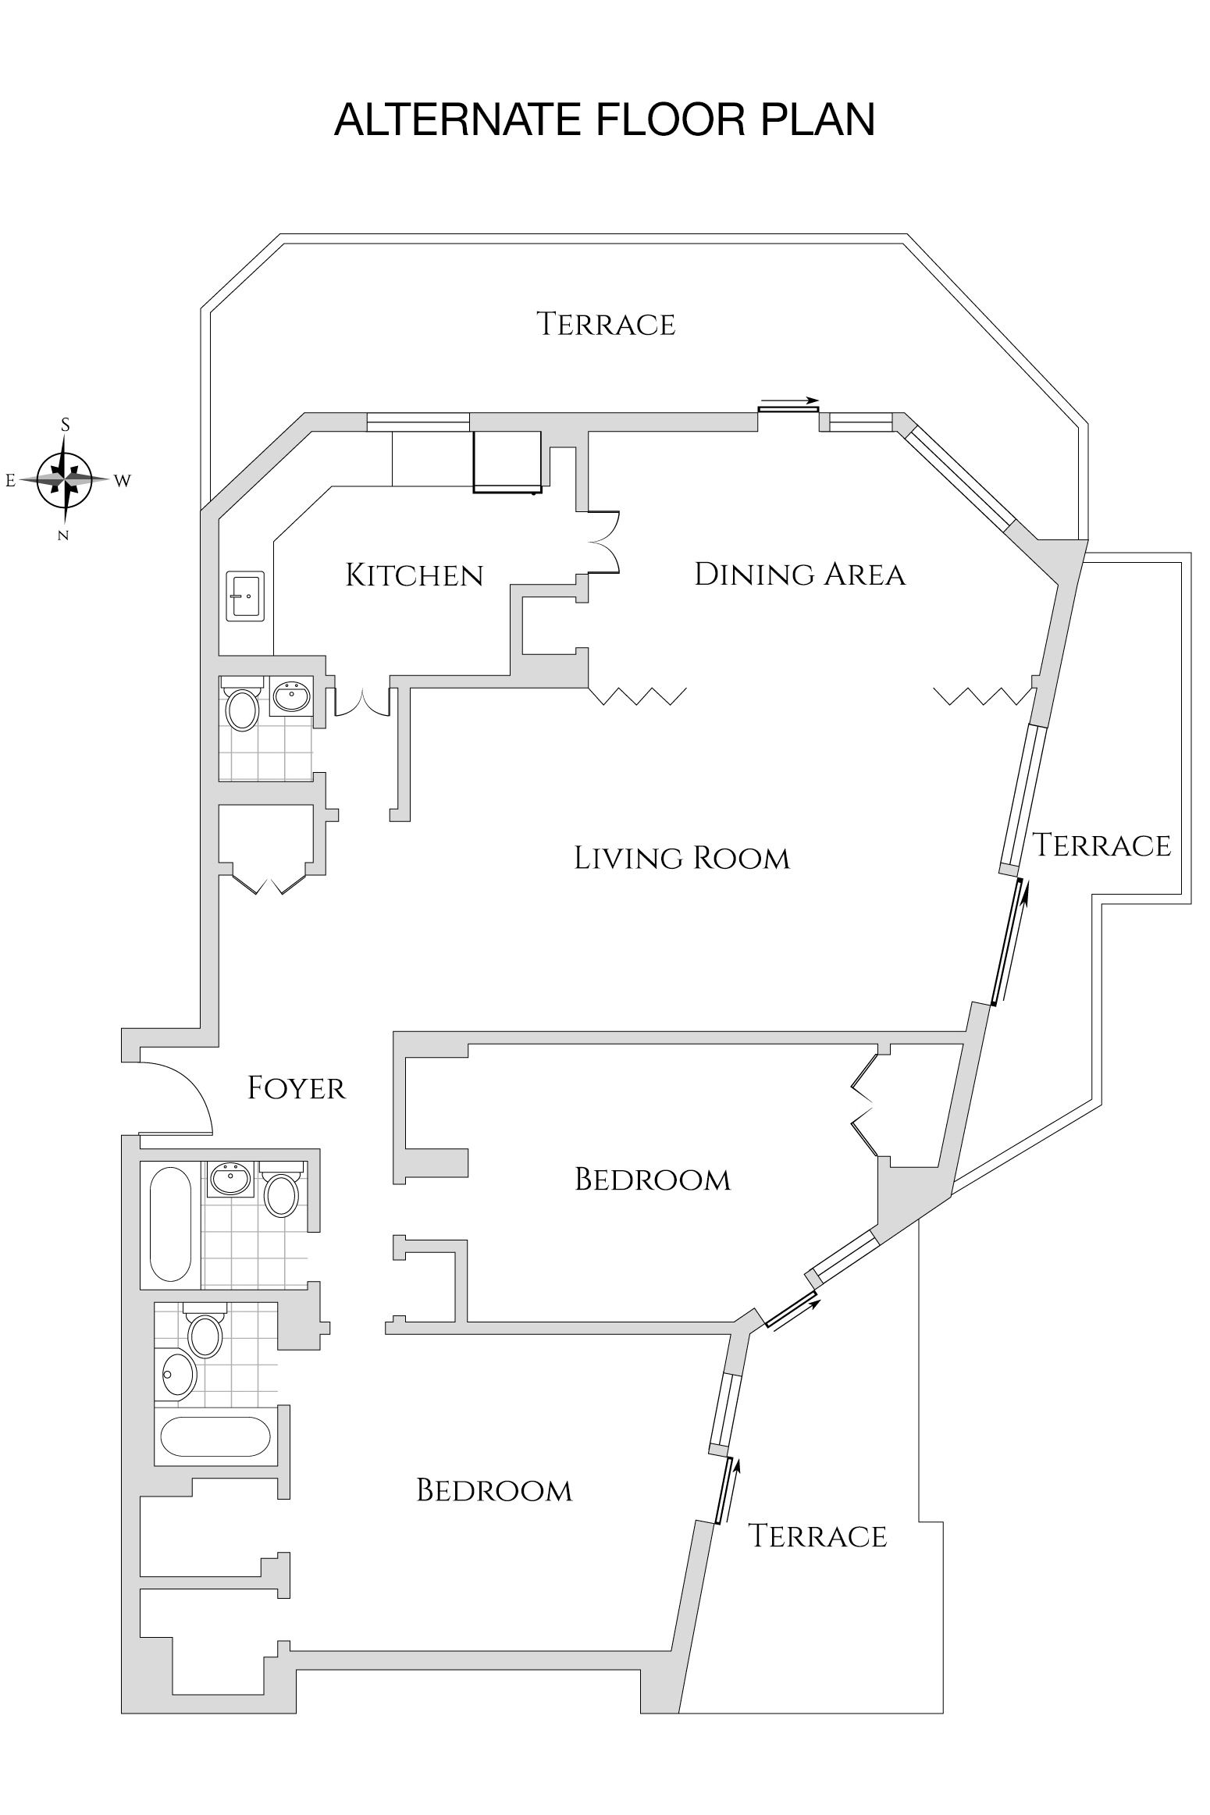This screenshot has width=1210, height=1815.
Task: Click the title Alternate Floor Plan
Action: coord(604,120)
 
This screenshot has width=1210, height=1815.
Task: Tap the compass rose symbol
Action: coord(66,479)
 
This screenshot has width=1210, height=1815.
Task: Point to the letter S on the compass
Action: coord(66,425)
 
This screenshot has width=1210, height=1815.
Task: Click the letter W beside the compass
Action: coord(123,481)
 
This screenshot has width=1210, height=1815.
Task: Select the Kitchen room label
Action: coord(415,576)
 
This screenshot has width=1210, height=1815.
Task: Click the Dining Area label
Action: coord(799,575)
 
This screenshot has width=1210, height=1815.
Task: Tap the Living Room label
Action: coord(682,859)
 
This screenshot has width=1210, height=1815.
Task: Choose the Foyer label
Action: coord(297,1088)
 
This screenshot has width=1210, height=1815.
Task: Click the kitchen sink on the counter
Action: coord(245,596)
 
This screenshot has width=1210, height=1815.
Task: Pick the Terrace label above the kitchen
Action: coord(606,324)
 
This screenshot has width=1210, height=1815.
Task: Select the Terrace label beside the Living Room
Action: coord(1101,845)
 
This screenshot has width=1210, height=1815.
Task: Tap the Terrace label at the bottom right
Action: coord(817,1536)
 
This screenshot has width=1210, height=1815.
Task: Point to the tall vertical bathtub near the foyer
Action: coord(169,1223)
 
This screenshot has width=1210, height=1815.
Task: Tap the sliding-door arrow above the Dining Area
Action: coord(790,401)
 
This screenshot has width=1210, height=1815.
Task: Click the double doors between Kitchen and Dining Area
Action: coord(603,542)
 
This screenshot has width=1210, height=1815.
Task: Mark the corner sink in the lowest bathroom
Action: coord(177,1374)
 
